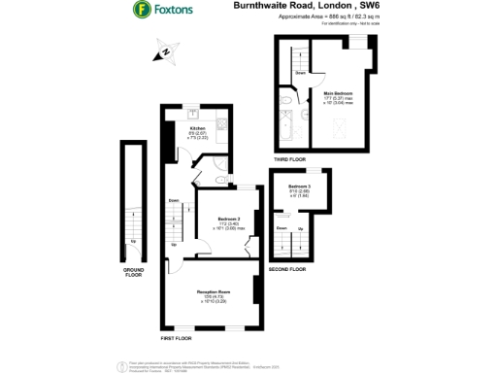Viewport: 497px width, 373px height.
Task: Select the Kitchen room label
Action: [197, 128]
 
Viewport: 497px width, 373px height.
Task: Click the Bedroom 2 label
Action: [229, 220]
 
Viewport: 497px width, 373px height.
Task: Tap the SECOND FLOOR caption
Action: [288, 269]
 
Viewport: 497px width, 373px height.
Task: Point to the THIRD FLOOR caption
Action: [288, 157]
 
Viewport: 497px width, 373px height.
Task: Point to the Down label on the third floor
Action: [301, 72]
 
